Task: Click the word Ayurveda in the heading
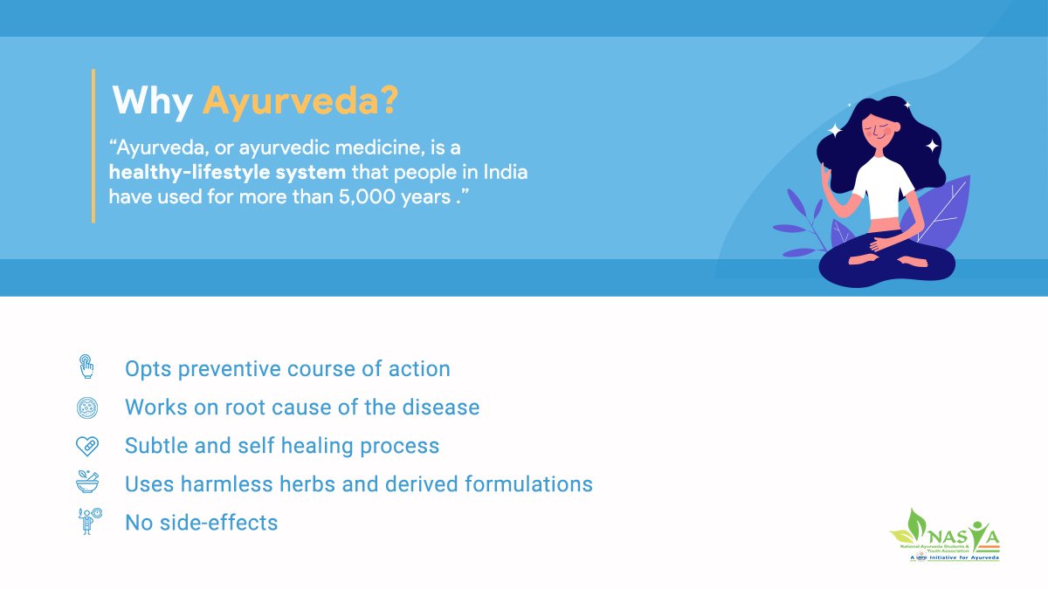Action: [300, 102]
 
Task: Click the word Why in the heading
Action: [152, 102]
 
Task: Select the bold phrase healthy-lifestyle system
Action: [227, 172]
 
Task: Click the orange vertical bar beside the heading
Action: [93, 146]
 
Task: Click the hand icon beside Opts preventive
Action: [86, 366]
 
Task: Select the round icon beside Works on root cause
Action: [86, 407]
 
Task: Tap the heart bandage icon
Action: [86, 446]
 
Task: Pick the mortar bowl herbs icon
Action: [86, 483]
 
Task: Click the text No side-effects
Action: [202, 523]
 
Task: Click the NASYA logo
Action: [944, 535]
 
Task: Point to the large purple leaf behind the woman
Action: [943, 209]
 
